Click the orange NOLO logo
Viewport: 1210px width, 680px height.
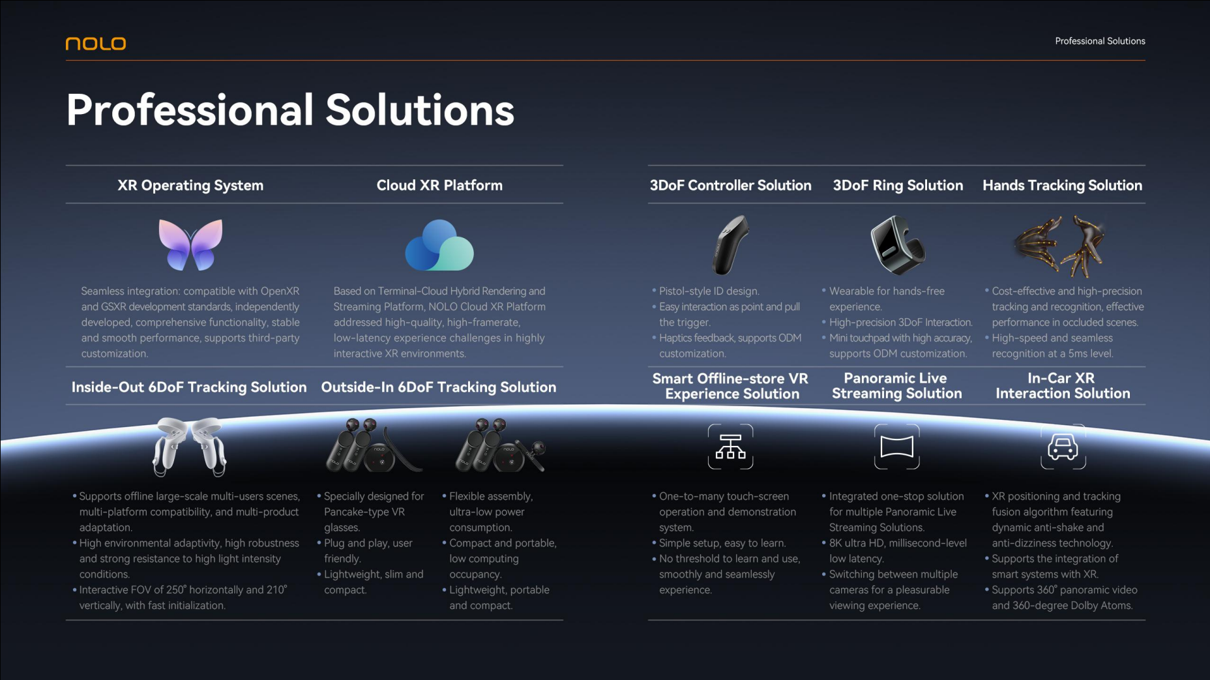coord(96,43)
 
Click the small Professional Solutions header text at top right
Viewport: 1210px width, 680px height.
coord(1100,41)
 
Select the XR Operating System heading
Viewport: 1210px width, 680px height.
coord(190,185)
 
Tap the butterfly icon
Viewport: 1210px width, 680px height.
coord(190,244)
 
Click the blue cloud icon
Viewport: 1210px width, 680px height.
coord(439,245)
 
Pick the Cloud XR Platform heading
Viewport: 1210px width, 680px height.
coord(439,185)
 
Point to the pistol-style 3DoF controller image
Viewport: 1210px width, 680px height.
coord(730,245)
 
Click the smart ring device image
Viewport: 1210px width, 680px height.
coord(897,244)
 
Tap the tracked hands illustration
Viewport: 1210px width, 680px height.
coord(1060,246)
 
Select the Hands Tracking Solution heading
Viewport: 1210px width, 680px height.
coord(1063,185)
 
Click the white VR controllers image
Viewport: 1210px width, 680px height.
coord(190,447)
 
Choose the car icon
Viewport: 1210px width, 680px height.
coord(1063,447)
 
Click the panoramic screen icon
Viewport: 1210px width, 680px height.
coord(897,447)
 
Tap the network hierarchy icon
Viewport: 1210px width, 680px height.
coord(730,447)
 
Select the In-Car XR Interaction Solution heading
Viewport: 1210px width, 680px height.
coord(1063,385)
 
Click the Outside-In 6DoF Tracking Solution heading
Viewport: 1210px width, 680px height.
coord(439,387)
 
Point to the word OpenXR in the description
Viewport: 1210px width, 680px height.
coord(280,291)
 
